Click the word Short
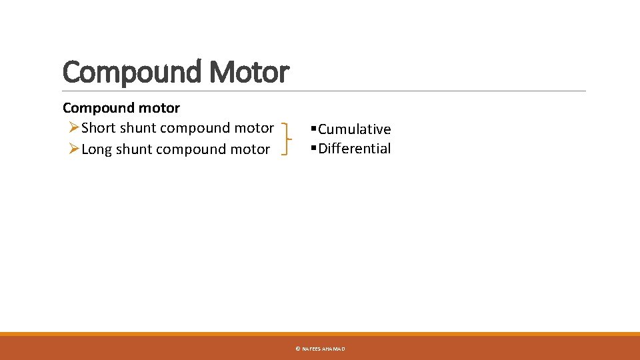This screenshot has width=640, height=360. (x=99, y=128)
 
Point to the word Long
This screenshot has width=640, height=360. (x=97, y=149)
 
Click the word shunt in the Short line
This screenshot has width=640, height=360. (x=138, y=128)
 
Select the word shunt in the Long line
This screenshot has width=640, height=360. (x=135, y=149)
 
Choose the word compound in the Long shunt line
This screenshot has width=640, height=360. (x=193, y=149)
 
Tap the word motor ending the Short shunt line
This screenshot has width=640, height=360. (x=255, y=128)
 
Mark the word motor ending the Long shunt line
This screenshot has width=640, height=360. (x=251, y=149)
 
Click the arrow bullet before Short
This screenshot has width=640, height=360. (x=74, y=127)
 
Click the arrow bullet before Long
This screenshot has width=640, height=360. (x=74, y=149)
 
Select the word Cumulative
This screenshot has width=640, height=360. (x=355, y=129)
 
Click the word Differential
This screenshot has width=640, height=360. (x=355, y=149)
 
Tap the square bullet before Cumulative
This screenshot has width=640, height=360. (x=314, y=129)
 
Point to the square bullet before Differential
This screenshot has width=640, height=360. (x=314, y=148)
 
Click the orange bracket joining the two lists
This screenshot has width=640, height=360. (x=288, y=138)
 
